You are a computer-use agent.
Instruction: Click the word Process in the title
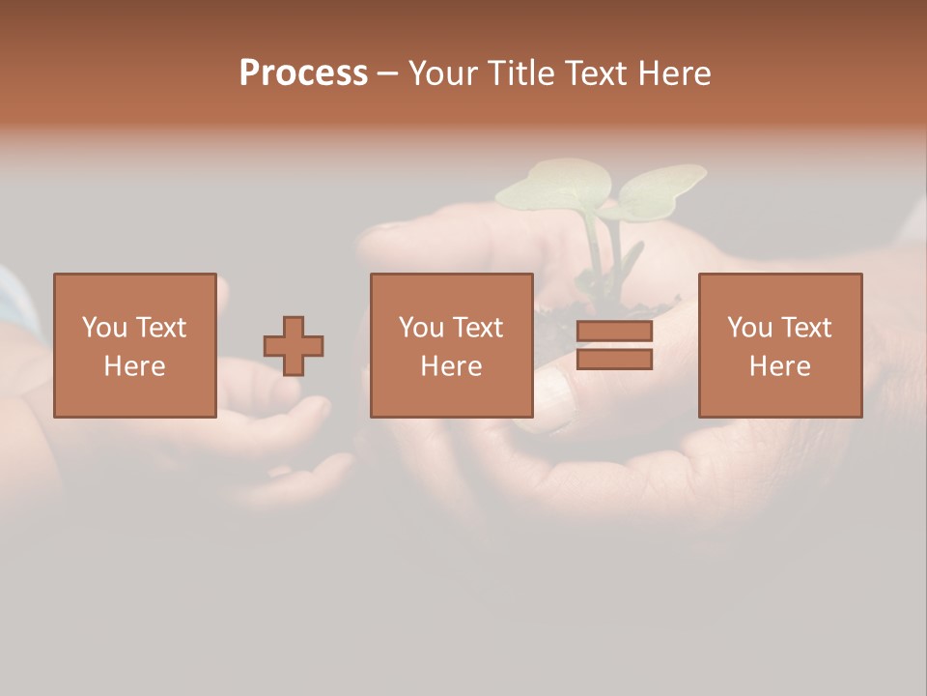pos(303,73)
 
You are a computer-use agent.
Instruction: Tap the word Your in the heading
pos(444,73)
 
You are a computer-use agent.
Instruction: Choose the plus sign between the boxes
pos(294,346)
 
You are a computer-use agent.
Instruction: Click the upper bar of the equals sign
pos(614,332)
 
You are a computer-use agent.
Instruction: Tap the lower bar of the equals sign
pos(614,360)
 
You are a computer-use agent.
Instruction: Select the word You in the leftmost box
pos(104,328)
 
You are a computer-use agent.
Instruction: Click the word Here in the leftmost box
pos(134,366)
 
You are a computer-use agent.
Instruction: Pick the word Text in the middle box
pos(477,328)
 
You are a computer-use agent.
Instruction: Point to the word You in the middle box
pos(421,328)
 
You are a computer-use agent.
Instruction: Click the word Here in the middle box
pos(451,366)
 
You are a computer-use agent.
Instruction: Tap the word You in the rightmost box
pos(749,328)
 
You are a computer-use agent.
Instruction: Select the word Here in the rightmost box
pos(779,366)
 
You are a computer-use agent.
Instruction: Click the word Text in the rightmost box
pos(805,328)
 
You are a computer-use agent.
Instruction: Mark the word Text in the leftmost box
pos(160,328)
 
